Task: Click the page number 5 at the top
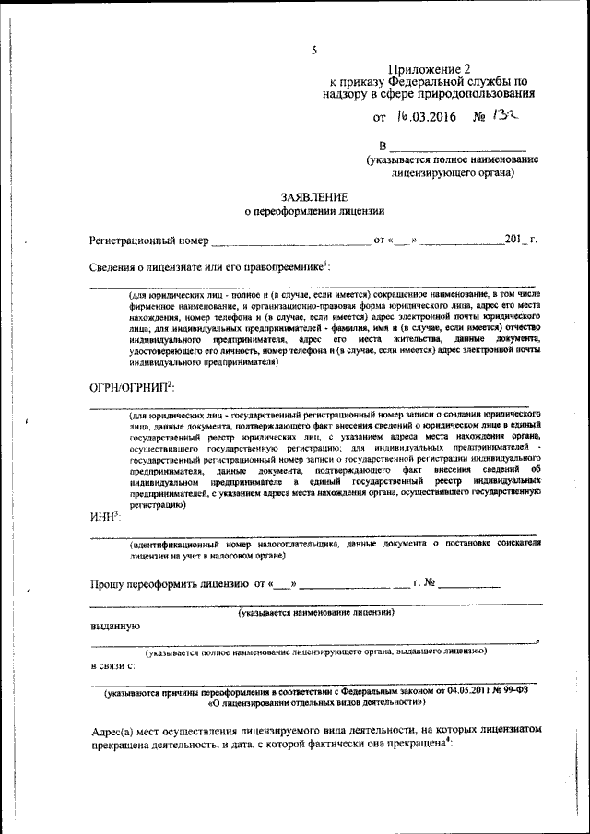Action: [314, 50]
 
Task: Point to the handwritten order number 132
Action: [505, 116]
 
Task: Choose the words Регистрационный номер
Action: [147, 241]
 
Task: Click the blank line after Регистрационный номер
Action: [289, 242]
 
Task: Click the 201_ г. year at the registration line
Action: [521, 241]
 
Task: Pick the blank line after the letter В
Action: [458, 148]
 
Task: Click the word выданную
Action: [114, 626]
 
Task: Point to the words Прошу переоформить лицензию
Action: [169, 583]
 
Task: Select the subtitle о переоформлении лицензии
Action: [314, 212]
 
